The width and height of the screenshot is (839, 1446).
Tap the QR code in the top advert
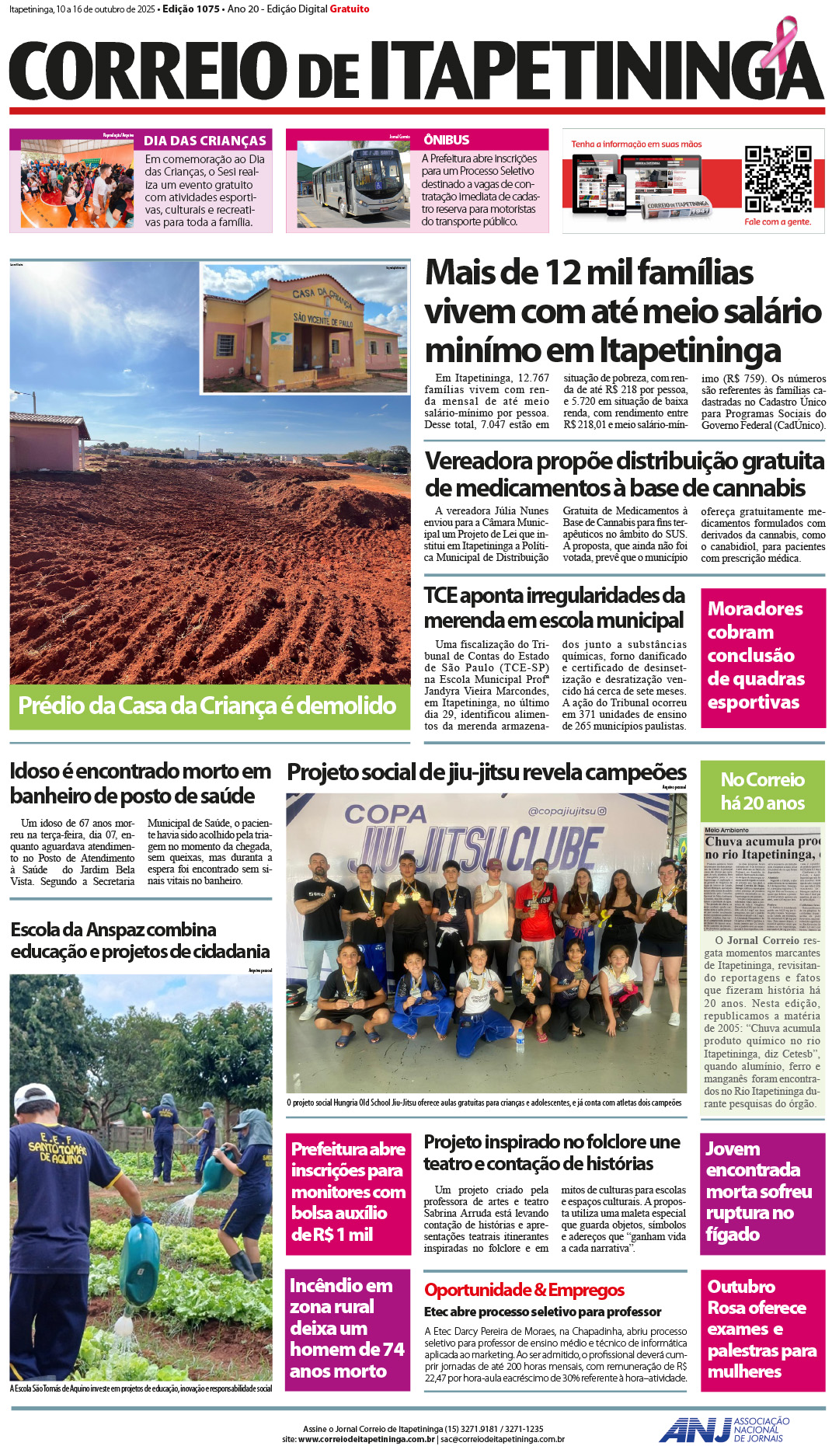(778, 179)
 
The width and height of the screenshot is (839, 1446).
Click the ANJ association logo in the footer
(723, 1430)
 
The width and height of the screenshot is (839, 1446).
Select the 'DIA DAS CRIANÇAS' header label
(205, 141)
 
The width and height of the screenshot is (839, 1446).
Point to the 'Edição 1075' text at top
(191, 9)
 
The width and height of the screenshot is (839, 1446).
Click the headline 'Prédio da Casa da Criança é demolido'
(207, 706)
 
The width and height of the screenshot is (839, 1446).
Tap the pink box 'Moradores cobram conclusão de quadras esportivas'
(762, 657)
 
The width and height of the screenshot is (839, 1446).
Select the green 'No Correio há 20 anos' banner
(762, 791)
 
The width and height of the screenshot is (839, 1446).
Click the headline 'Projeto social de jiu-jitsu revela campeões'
(486, 772)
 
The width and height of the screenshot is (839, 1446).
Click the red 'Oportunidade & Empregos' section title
(524, 1290)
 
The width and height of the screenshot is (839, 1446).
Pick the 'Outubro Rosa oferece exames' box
(762, 1329)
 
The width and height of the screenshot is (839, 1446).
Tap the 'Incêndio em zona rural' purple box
(347, 1329)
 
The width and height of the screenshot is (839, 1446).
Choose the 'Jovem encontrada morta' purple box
(762, 1193)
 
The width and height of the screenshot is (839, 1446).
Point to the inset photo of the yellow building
(305, 327)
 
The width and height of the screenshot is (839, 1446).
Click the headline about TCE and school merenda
(554, 608)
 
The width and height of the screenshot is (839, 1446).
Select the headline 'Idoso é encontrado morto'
(141, 783)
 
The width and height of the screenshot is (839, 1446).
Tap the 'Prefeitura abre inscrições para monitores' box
(348, 1192)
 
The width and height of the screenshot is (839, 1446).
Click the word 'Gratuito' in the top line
(350, 9)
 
